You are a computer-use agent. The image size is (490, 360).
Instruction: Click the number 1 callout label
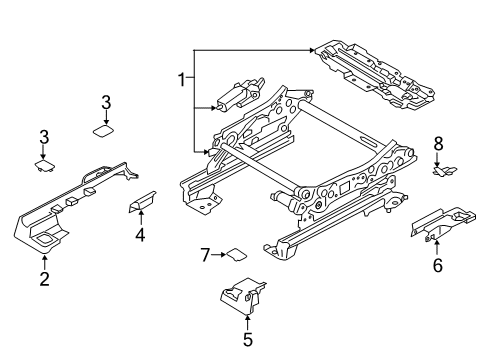(x=181, y=80)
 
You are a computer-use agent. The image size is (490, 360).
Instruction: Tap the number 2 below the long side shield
(x=44, y=279)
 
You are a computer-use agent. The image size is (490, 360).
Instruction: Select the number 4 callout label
(x=141, y=236)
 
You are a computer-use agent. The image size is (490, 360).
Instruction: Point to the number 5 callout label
(x=247, y=339)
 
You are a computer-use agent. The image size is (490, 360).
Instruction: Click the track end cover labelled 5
(x=240, y=301)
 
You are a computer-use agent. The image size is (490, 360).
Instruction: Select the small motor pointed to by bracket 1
(x=233, y=97)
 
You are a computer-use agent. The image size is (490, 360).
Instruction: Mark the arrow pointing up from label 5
(x=247, y=322)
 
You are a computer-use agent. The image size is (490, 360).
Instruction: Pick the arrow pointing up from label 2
(x=44, y=261)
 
